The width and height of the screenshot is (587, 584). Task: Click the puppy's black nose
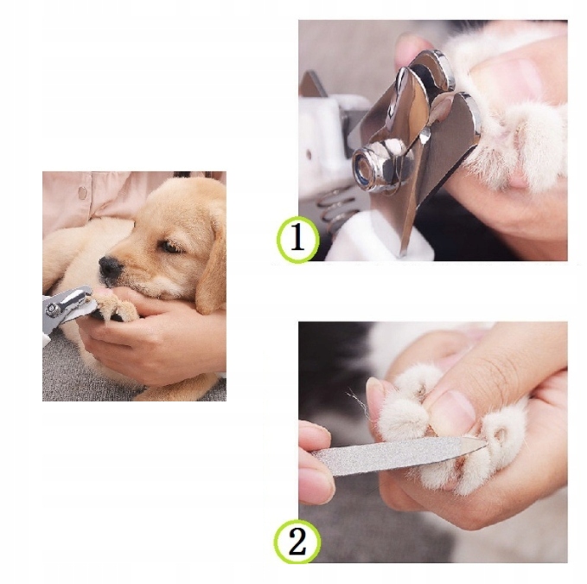110,266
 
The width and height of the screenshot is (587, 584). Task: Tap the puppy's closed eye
169,247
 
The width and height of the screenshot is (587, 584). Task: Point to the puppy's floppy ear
212,271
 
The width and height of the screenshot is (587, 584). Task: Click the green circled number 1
297,239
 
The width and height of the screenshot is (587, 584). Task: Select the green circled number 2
297,542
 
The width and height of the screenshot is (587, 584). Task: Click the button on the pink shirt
82,191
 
